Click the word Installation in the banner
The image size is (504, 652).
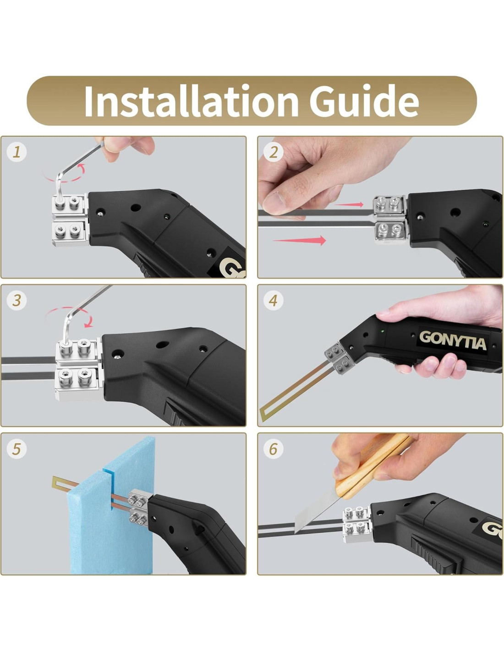coord(191,101)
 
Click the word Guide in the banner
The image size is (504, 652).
coord(364,101)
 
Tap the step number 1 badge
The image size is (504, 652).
coord(16,152)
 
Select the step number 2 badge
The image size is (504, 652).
coord(273,152)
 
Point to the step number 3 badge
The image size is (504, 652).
coord(16,300)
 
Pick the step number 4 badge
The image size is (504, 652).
coord(273,300)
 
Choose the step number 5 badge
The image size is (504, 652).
coord(16,448)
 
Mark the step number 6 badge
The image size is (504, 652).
coord(273,448)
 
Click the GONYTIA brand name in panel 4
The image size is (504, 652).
coord(452,340)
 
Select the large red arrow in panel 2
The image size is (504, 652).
coord(299,240)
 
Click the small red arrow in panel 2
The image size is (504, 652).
coord(349,204)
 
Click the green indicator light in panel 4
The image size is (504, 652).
coord(383,331)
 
